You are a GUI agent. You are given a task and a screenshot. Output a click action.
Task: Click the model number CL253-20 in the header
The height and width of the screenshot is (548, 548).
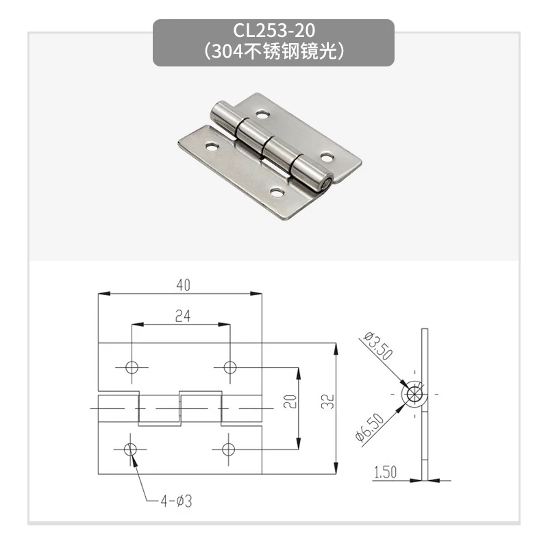pos(273,31)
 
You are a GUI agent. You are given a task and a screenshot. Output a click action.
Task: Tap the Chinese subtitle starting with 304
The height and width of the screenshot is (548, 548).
pos(273,51)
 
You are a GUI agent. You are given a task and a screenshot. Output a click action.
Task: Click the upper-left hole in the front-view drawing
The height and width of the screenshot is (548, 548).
pos(132,367)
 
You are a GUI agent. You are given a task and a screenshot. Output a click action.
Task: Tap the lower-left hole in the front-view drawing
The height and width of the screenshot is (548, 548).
pos(132,449)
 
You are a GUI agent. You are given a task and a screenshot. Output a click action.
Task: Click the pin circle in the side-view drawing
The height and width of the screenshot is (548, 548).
pos(415,396)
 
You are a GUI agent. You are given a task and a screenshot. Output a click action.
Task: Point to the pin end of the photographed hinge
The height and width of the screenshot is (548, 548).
pos(327,183)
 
